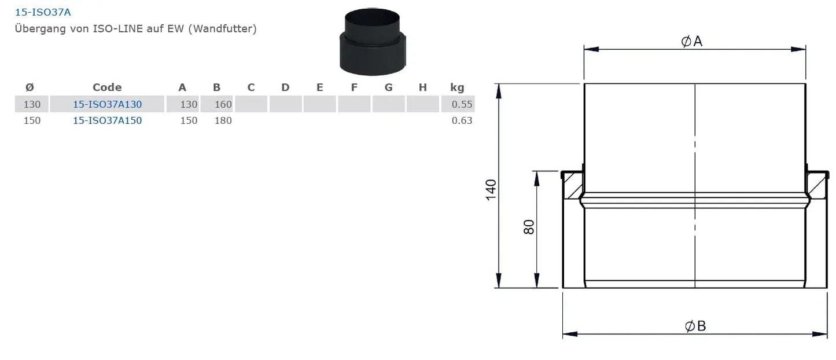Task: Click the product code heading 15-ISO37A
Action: point(42,12)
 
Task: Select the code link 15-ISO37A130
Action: point(107,104)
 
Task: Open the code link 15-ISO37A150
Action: point(107,120)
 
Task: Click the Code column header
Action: point(107,87)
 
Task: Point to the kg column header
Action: point(457,87)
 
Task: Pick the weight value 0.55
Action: point(462,104)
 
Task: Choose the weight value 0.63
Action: point(462,120)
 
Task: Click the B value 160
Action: point(223,104)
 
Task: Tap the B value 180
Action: point(223,120)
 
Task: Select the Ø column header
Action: point(30,87)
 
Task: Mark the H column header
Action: point(423,87)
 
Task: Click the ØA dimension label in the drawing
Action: point(692,41)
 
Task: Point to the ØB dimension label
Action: point(695,326)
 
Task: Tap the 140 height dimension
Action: point(491,190)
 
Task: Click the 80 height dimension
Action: point(529,227)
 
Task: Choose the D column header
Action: point(285,87)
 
